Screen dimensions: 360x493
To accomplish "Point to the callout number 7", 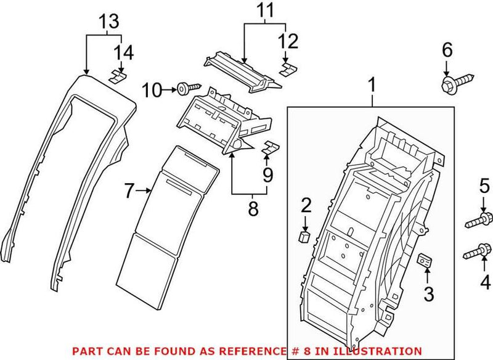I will [128, 192].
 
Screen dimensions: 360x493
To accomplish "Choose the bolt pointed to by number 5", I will [479, 218].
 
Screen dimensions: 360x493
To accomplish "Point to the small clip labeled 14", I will [118, 76].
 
